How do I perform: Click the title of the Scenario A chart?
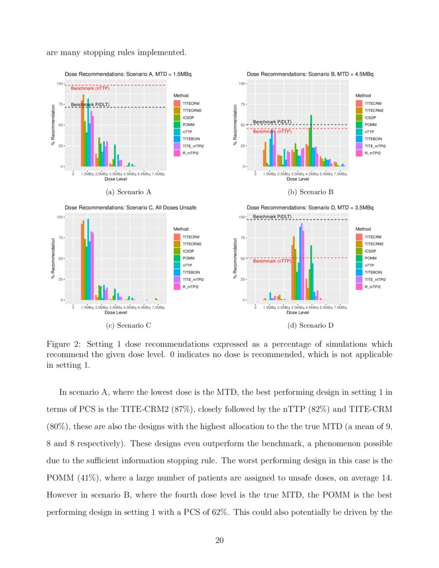click(128, 74)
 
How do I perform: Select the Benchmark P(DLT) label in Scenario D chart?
click(272, 216)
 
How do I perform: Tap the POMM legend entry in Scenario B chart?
click(370, 124)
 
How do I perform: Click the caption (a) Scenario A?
click(128, 192)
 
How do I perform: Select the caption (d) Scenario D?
click(310, 325)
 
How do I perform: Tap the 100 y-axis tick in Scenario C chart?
click(59, 217)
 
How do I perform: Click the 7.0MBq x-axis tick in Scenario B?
click(340, 174)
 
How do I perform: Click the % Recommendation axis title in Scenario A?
click(53, 125)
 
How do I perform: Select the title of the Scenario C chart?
click(130, 208)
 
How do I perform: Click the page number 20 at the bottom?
click(219, 541)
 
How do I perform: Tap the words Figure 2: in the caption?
click(64, 344)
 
